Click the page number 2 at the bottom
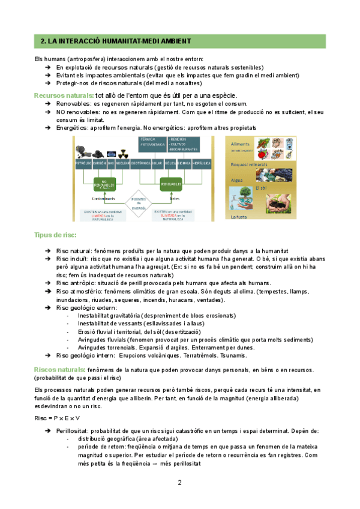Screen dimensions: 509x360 pyautogui.click(x=179, y=483)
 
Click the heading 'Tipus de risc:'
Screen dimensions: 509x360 pyautogui.click(x=55, y=234)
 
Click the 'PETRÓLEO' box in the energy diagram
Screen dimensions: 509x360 pyautogui.click(x=82, y=163)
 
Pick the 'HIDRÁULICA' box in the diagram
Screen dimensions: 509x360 pyautogui.click(x=202, y=163)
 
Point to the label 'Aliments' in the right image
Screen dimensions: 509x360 pyautogui.click(x=240, y=143)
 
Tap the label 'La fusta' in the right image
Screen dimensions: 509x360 pyautogui.click(x=238, y=217)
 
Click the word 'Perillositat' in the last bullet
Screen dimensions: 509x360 pyautogui.click(x=72, y=431)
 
